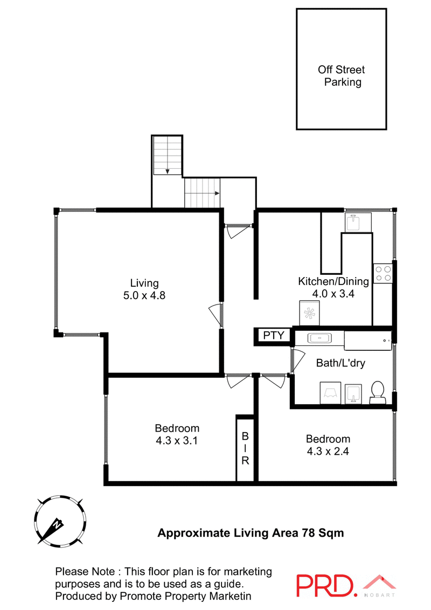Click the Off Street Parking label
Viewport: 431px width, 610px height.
(341, 76)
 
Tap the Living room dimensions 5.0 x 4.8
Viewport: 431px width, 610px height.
(144, 295)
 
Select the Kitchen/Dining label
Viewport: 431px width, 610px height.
(333, 281)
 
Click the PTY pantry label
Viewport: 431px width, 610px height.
(273, 336)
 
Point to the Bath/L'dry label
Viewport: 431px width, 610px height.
(340, 363)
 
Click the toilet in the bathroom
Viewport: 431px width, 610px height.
(378, 392)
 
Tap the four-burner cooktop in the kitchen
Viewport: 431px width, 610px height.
(383, 273)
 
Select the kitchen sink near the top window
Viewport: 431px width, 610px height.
(356, 223)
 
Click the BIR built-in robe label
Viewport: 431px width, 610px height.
(245, 448)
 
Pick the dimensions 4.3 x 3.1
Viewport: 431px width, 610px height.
(177, 441)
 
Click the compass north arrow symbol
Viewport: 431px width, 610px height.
(57, 524)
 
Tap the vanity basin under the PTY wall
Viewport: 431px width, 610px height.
(319, 338)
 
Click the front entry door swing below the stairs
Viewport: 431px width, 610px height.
(238, 231)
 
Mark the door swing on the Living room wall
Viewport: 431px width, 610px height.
(215, 314)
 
